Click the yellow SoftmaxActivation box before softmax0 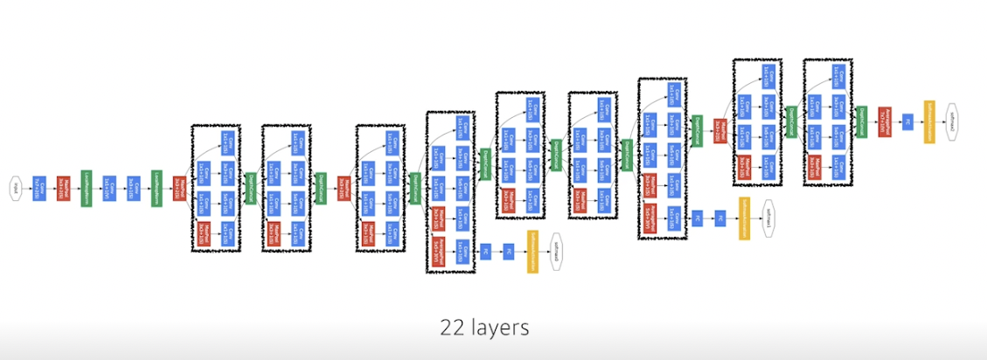pos(532,252)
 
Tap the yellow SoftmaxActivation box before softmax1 pos(745,217)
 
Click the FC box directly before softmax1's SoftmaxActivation pos(721,217)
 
